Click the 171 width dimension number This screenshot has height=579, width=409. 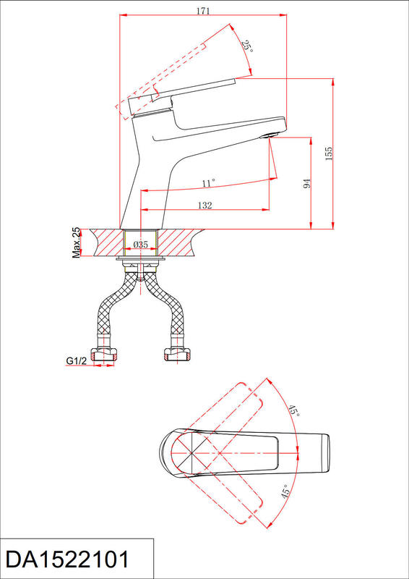203,11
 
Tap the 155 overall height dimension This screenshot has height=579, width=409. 329,153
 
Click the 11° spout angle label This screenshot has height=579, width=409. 208,183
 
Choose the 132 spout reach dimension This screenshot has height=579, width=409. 204,206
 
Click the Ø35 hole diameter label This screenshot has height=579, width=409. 140,244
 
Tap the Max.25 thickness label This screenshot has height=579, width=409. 76,242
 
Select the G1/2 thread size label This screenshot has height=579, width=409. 77,360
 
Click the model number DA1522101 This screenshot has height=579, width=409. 68,559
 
